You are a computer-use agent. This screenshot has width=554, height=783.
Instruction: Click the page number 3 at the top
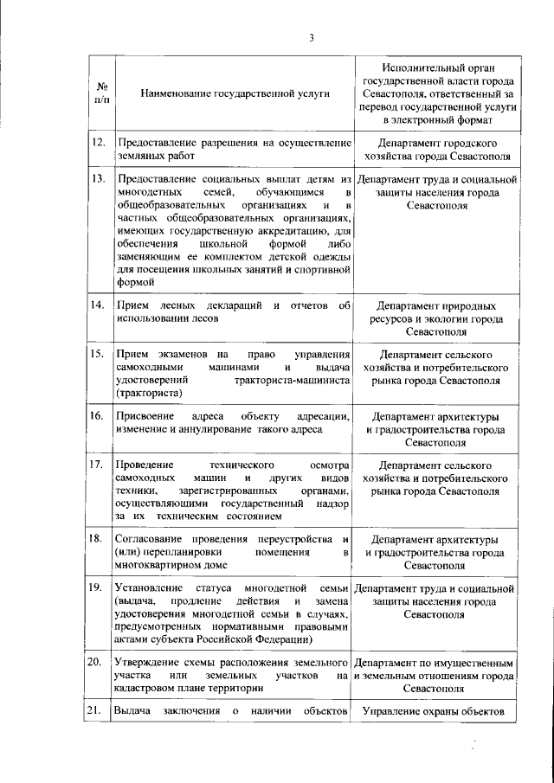[312, 36]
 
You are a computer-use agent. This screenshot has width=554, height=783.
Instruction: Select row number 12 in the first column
[99, 142]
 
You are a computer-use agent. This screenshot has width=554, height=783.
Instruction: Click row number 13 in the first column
[99, 180]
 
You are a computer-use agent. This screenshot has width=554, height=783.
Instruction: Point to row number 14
[99, 306]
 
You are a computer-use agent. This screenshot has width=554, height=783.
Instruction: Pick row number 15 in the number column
[99, 355]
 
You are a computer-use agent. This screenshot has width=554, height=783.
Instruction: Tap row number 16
[99, 417]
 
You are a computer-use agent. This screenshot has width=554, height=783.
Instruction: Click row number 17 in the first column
[99, 465]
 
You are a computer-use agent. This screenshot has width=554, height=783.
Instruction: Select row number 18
[99, 538]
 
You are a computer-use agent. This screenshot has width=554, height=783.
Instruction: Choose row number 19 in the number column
[99, 588]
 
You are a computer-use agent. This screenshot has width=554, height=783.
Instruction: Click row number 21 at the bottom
[99, 711]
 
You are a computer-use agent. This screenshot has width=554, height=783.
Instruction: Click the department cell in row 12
[436, 149]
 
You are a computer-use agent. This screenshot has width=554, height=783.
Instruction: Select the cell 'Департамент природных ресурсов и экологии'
[436, 318]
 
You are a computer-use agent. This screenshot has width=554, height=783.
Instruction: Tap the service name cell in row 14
[232, 312]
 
